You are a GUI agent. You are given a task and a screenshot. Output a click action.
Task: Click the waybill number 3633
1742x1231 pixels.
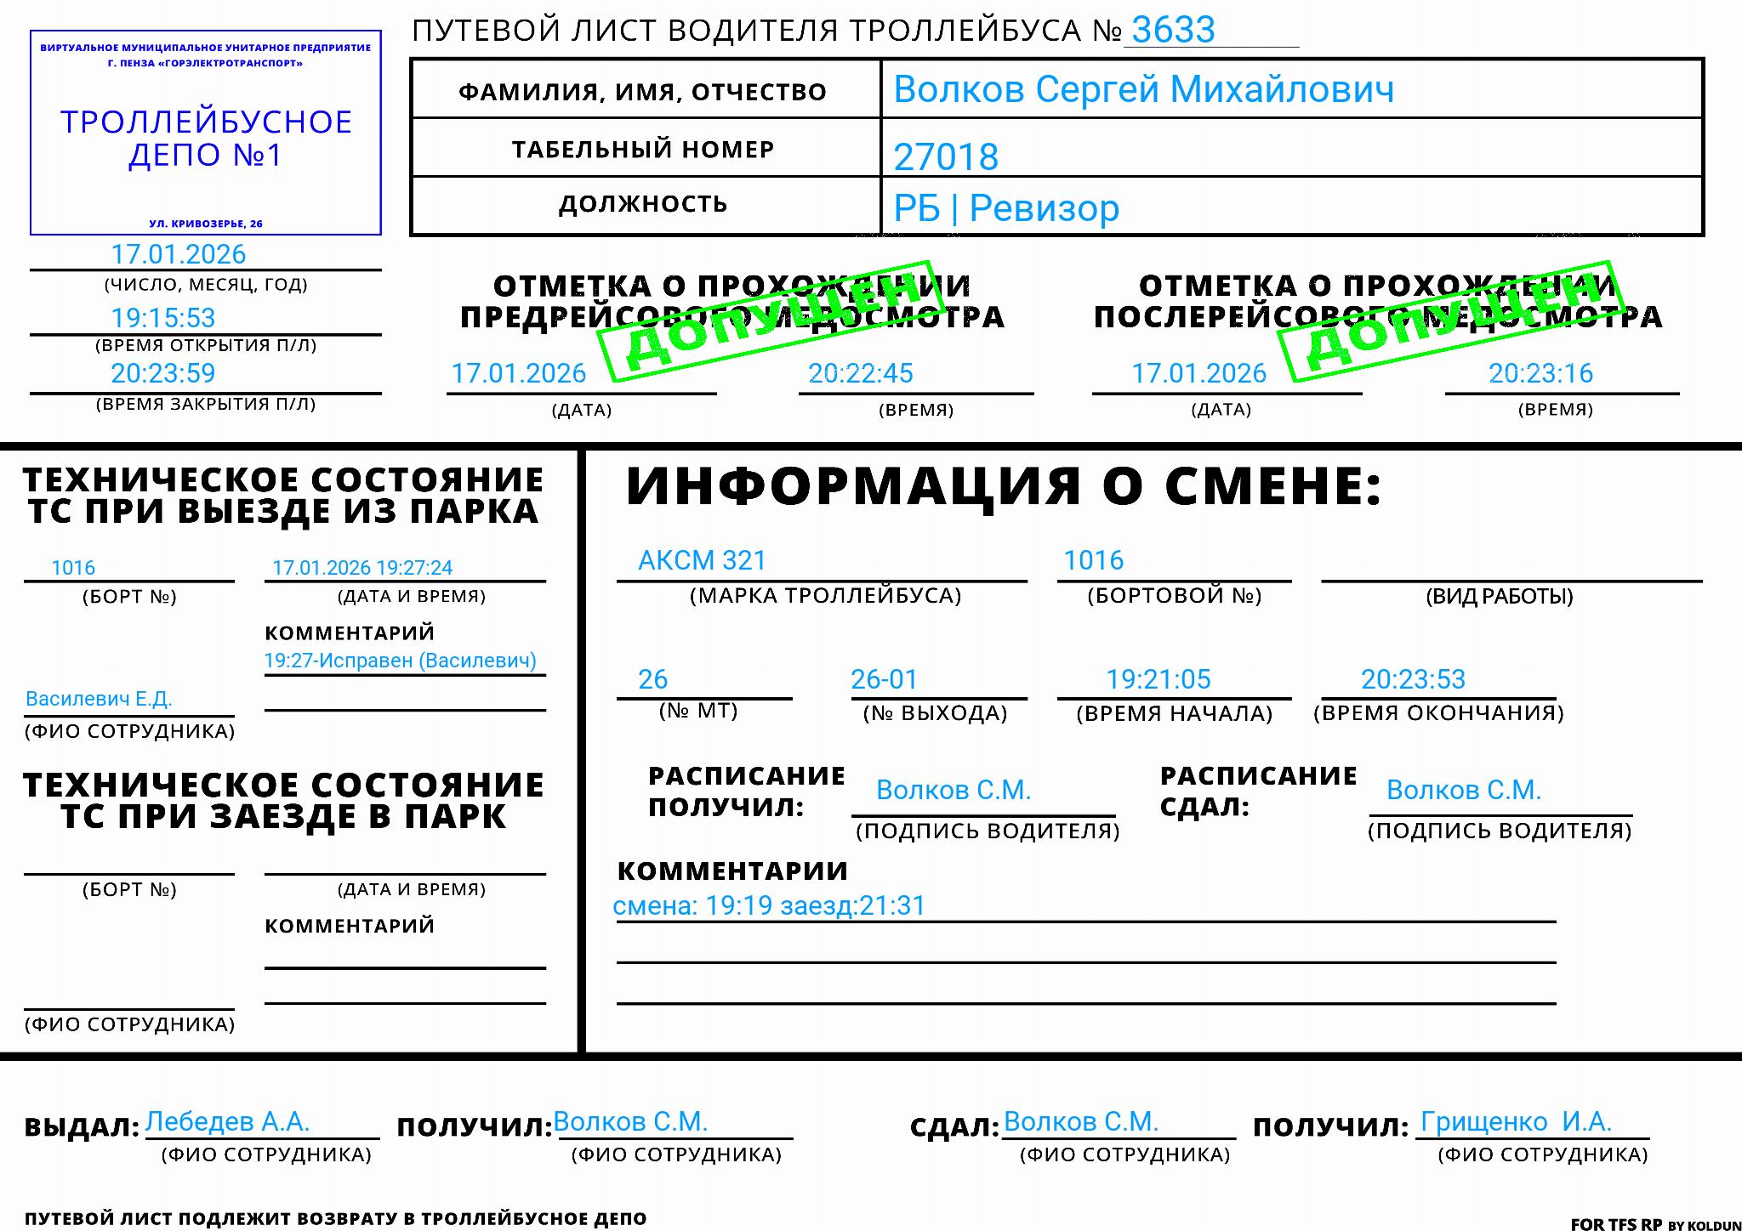(1173, 31)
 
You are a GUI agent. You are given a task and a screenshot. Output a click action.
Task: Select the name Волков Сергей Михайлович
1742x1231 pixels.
(1143, 89)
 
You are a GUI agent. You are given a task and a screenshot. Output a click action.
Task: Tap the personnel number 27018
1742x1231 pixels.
(946, 156)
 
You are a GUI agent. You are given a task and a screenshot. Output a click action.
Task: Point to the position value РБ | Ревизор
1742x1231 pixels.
(1006, 208)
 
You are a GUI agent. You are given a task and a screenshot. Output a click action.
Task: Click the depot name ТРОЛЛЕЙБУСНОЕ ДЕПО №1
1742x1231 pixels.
(206, 139)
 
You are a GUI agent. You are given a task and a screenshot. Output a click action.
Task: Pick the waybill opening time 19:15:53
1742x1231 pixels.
(163, 318)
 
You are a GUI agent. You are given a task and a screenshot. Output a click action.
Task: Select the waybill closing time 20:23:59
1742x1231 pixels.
(163, 373)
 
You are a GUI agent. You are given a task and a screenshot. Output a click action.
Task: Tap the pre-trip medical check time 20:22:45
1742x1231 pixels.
(860, 373)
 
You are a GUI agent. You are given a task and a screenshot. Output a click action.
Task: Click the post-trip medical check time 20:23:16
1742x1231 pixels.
(1540, 373)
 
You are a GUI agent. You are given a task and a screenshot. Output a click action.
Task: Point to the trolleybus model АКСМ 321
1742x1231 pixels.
(702, 560)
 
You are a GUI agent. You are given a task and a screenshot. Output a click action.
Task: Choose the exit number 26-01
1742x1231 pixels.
(885, 679)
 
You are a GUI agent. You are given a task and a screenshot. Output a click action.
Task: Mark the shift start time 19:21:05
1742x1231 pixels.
(1158, 679)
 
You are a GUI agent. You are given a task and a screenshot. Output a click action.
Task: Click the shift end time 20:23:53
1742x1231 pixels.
(1413, 679)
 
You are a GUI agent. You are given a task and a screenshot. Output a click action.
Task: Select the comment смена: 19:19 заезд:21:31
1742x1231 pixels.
(769, 905)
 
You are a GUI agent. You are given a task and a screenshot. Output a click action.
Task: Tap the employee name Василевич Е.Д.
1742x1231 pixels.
(99, 699)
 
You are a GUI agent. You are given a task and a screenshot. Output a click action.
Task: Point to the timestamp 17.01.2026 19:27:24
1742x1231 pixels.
(362, 568)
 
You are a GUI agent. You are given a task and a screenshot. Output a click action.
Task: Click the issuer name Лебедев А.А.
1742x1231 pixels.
(227, 1121)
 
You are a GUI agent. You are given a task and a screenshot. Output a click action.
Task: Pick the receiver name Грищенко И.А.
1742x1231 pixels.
(1516, 1122)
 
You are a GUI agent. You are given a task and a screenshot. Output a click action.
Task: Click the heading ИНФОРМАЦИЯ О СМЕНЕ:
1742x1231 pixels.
(1003, 486)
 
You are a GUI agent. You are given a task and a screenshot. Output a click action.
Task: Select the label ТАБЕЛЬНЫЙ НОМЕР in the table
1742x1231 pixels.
(643, 150)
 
